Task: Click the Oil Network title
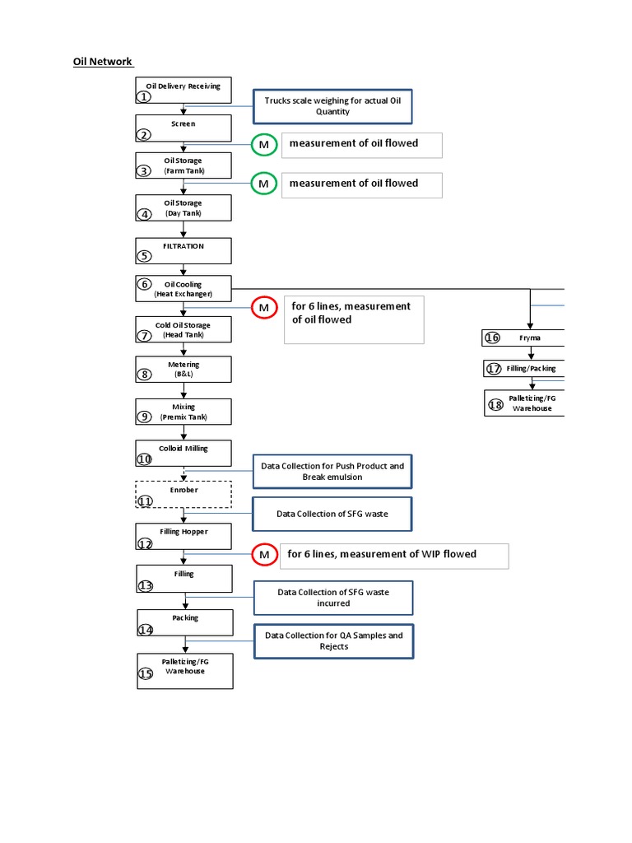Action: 104,62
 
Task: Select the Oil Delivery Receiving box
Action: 184,91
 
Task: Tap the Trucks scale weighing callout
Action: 332,105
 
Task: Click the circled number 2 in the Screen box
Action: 144,135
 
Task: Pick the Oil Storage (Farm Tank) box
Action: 184,165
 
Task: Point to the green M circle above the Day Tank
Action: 263,184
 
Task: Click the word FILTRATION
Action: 184,246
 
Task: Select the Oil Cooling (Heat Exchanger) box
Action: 184,289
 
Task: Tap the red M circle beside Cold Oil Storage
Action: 264,308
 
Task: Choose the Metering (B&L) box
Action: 184,369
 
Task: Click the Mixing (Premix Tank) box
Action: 184,412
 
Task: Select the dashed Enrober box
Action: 184,495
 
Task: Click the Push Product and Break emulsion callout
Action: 332,472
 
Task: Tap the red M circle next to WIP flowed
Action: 264,556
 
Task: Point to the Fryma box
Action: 523,338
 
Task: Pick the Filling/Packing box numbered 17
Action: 523,368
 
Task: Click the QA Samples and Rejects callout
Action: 332,640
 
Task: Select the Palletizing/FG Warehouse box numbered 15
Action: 184,670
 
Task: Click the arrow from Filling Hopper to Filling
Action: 184,556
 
